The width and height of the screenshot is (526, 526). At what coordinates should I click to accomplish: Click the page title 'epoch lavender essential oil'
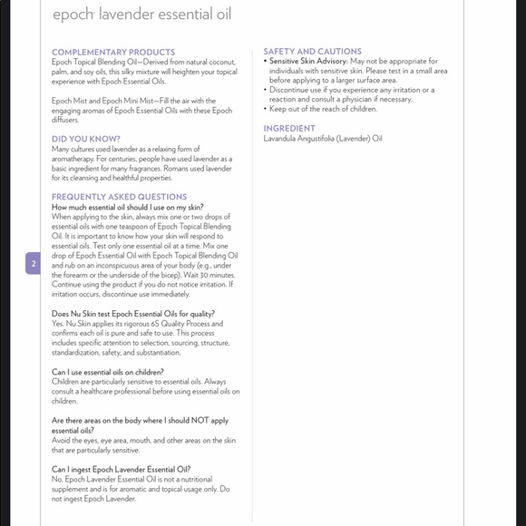tap(141, 15)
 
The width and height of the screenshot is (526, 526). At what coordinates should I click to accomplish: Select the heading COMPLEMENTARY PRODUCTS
tap(113, 52)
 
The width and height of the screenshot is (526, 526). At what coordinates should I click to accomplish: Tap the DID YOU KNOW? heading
tap(86, 139)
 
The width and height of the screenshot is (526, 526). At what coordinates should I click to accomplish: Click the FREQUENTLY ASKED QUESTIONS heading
tap(119, 197)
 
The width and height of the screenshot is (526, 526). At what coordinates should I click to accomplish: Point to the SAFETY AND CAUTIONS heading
tap(312, 52)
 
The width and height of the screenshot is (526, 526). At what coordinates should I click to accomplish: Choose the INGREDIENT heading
tap(289, 129)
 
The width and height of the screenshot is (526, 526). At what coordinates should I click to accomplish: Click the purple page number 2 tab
tap(34, 264)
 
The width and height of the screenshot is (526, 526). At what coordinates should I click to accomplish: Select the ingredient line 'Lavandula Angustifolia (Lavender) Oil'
tap(323, 139)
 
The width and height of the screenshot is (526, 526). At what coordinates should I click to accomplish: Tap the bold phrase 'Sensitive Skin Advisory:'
tap(308, 62)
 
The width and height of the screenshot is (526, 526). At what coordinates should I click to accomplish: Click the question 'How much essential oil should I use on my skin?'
tap(127, 207)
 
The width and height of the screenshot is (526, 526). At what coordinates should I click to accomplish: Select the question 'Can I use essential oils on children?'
tap(108, 372)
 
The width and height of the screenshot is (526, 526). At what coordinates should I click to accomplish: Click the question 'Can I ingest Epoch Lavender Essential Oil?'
tap(121, 469)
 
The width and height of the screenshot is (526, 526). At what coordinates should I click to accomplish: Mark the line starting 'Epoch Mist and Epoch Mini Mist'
tap(133, 101)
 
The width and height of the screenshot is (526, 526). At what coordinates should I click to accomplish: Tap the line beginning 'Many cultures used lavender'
tap(126, 149)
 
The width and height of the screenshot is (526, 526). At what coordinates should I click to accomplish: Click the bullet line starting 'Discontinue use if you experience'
tap(351, 90)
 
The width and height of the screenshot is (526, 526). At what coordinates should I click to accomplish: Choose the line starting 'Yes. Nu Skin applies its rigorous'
tap(137, 324)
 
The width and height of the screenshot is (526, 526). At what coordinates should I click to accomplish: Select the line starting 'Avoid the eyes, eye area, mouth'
tap(143, 440)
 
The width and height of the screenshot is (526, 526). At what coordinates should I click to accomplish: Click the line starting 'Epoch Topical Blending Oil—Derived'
tap(144, 62)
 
